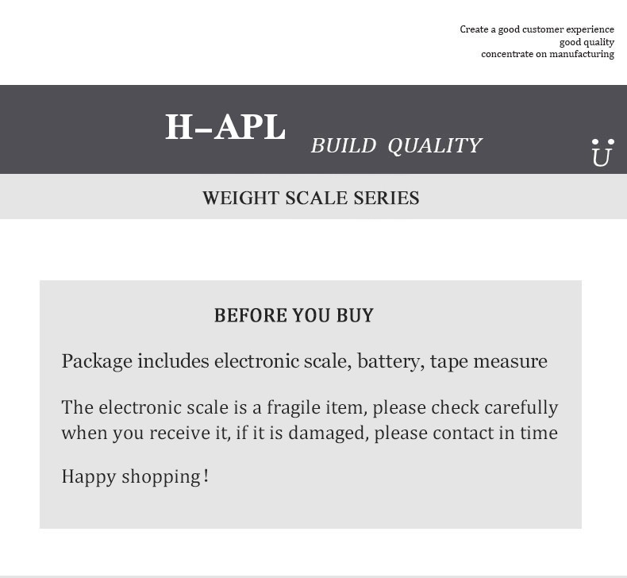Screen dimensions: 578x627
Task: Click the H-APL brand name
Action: (x=225, y=128)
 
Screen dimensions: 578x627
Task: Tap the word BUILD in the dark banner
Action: (x=343, y=146)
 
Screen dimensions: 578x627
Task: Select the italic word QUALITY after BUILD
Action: (x=435, y=146)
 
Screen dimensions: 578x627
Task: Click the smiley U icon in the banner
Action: (x=602, y=152)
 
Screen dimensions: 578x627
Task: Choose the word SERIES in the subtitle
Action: (x=387, y=198)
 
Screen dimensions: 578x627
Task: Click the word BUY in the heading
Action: (x=355, y=316)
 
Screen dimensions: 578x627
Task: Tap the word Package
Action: (x=97, y=362)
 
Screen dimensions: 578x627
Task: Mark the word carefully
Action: (x=521, y=407)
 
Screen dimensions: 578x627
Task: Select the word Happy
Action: (x=89, y=477)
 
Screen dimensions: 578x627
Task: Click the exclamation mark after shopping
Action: (x=206, y=476)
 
